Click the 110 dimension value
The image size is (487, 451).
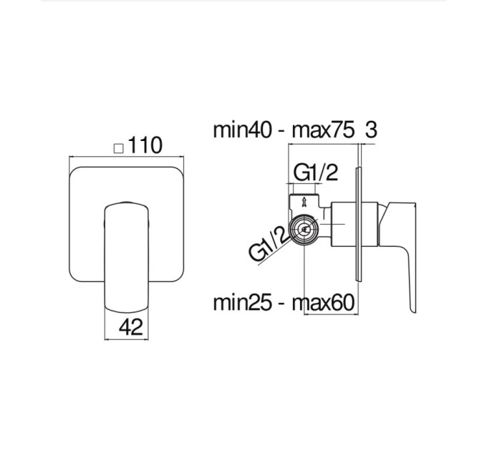[145, 145]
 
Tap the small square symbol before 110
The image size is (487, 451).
[119, 149]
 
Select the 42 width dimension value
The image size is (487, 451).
[131, 327]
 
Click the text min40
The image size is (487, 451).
[242, 130]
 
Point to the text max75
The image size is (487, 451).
[323, 130]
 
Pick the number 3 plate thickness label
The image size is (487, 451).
[371, 130]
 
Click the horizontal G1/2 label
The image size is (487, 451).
[315, 173]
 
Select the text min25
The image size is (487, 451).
[242, 303]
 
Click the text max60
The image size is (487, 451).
[323, 303]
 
